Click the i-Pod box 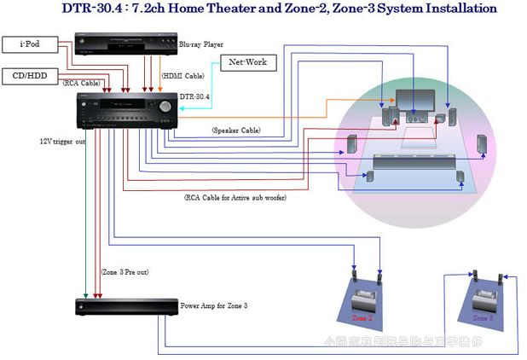pyautogui.click(x=30, y=43)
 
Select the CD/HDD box pyautogui.click(x=31, y=74)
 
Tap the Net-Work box pyautogui.click(x=249, y=63)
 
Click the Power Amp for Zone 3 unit pyautogui.click(x=124, y=306)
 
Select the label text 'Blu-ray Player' pyautogui.click(x=207, y=44)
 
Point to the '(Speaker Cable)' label pyautogui.click(x=236, y=130)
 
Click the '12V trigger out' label pyautogui.click(x=62, y=141)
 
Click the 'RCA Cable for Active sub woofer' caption pyautogui.click(x=235, y=197)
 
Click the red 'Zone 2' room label pyautogui.click(x=362, y=316)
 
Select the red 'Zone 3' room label pyautogui.click(x=483, y=317)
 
